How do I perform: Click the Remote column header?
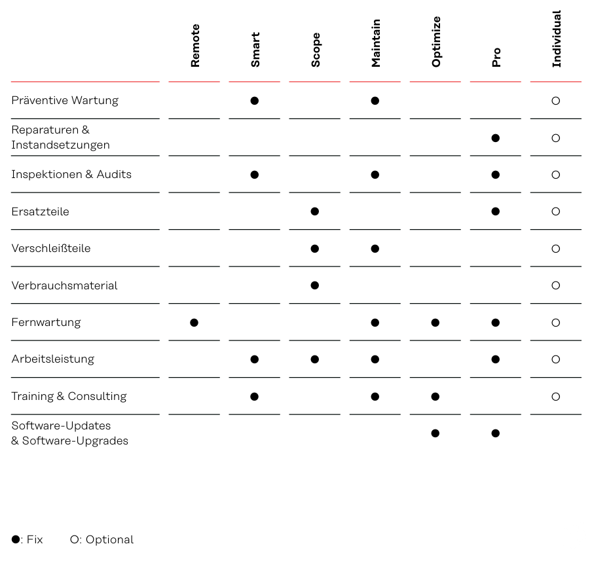[194, 46]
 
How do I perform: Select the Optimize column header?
[436, 42]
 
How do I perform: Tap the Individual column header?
[557, 39]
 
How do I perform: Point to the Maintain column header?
[376, 43]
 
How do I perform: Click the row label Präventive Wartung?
[65, 100]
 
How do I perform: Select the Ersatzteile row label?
[41, 211]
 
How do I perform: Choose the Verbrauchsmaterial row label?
[65, 285]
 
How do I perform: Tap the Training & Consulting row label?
[69, 397]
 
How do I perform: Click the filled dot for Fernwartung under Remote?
[194, 323]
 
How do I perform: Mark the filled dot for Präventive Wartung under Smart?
[255, 101]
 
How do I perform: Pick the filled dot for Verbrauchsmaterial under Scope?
[315, 285]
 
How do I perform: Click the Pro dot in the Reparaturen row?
[496, 138]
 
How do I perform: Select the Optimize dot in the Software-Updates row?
[435, 433]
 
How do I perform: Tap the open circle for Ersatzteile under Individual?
[556, 211]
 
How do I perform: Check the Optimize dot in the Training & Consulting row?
[435, 397]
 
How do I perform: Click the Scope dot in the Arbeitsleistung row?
[315, 359]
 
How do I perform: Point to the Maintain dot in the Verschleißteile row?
[375, 249]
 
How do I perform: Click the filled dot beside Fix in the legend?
[16, 539]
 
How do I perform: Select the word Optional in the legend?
[109, 540]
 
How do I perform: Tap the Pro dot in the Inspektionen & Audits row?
[496, 175]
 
